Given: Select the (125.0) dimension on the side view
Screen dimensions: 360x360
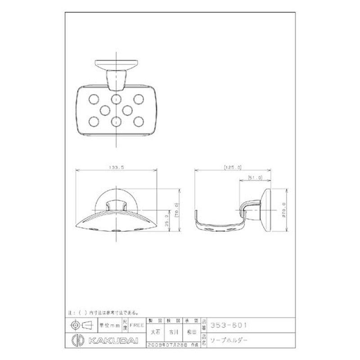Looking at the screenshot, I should (232, 166).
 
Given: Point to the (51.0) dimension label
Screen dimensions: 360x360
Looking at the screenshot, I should (255, 178).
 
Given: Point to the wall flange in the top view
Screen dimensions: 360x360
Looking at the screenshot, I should (117, 63).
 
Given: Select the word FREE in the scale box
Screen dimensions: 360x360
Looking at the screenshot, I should (137, 324).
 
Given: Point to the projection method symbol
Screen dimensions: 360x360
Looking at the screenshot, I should (81, 324).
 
